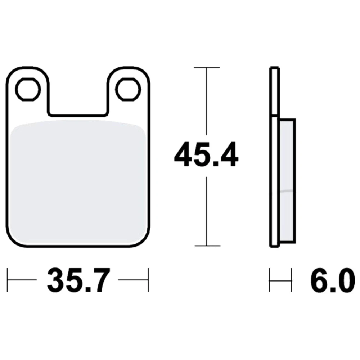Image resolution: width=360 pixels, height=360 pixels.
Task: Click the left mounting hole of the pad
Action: (28, 89)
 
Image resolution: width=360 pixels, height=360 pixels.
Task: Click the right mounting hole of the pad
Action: (128, 89)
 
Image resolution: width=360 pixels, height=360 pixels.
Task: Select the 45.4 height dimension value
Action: (206, 154)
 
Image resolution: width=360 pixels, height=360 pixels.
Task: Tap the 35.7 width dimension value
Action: (78, 280)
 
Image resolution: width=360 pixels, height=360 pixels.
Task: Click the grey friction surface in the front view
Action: (78, 181)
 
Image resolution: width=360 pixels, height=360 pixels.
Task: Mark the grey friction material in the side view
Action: (287, 181)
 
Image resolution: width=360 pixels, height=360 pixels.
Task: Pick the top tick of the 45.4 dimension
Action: (207, 68)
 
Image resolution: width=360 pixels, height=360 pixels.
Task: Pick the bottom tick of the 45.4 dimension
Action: (208, 246)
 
